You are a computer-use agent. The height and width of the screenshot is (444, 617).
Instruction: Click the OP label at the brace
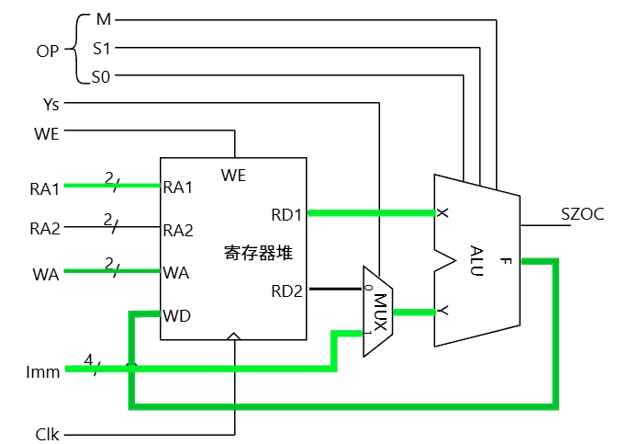[48, 50]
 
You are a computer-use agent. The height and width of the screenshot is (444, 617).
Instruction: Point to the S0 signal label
[101, 78]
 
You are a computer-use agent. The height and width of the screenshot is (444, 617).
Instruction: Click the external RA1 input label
[44, 189]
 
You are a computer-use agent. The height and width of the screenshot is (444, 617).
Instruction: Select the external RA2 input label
[44, 228]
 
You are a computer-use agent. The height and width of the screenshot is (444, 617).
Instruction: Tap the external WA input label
[46, 273]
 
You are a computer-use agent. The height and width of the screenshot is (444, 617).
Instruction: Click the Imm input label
[43, 372]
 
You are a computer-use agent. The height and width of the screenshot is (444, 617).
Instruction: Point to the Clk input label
[47, 432]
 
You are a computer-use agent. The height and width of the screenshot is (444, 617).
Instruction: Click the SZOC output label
[582, 214]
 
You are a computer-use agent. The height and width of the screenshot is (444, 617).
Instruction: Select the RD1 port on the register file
[286, 215]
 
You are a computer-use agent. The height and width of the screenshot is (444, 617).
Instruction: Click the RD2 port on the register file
[286, 292]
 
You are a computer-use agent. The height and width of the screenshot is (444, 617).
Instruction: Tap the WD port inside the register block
[176, 316]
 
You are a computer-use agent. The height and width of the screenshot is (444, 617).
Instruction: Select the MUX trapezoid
[377, 312]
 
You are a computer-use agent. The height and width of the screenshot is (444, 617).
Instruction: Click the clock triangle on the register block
[235, 337]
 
